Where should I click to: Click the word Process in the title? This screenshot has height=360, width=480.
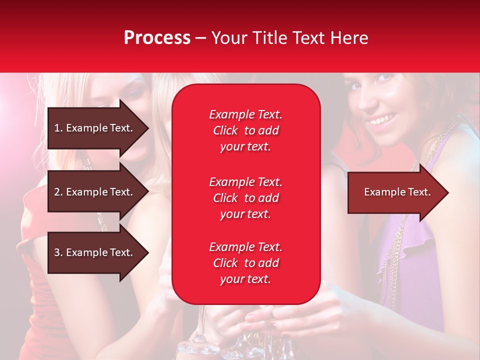(157, 38)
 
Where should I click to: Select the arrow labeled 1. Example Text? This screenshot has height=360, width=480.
(95, 128)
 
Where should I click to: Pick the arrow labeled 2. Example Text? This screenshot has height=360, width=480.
(95, 192)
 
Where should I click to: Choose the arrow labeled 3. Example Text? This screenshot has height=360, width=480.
(95, 252)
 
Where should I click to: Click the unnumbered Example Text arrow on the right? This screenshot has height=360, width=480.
(395, 192)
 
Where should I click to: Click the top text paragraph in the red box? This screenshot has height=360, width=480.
(245, 130)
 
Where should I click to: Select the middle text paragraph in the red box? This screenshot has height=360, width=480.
(245, 198)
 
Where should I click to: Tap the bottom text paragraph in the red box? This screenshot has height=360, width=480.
(245, 263)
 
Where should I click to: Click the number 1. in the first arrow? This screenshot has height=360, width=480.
(58, 128)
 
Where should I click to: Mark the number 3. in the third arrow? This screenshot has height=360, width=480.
(58, 252)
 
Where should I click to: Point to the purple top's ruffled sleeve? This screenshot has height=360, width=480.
(420, 250)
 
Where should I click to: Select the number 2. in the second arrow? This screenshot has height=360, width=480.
(58, 192)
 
